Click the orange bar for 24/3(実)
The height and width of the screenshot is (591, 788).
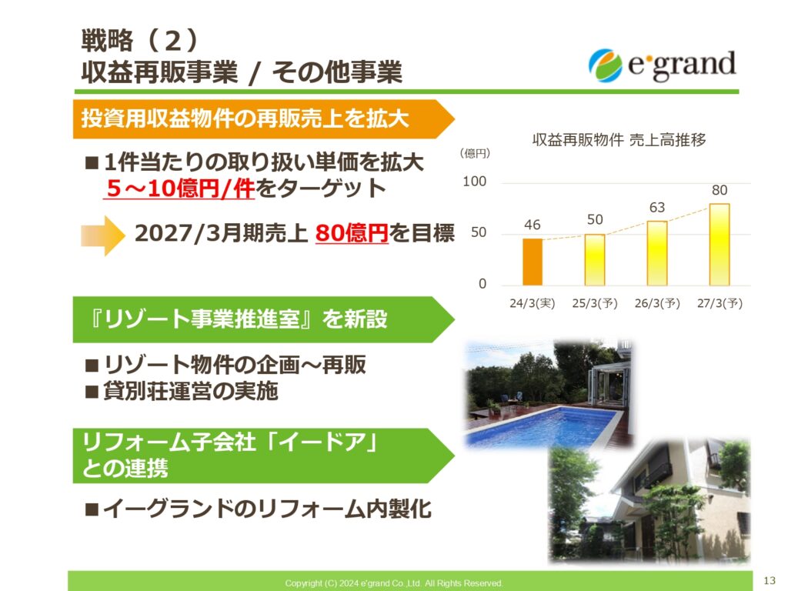point(533,262)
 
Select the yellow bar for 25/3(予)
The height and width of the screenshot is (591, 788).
point(595,260)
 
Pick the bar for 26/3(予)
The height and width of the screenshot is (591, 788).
point(657,253)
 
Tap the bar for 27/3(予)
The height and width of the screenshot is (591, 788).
point(720,244)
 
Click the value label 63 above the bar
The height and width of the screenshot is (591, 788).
point(657,208)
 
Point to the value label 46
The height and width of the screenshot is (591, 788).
point(533,225)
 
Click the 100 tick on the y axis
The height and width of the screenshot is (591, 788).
point(474,182)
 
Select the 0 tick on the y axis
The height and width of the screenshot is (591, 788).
point(482,284)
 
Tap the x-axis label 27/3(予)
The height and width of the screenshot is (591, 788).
point(720,303)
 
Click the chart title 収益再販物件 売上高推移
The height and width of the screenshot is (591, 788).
point(619,140)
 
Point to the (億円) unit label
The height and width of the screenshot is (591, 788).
point(474,153)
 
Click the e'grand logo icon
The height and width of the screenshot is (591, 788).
point(606,65)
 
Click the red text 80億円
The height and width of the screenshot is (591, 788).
point(352,233)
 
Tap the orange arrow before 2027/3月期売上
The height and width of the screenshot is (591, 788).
point(102,235)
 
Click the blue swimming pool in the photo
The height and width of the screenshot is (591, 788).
point(543,426)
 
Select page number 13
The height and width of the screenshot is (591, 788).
point(770,580)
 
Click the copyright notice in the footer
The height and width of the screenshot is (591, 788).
point(394,583)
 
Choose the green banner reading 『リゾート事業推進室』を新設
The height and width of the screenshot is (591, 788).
point(263,319)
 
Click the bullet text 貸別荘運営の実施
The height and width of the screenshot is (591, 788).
point(191,391)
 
